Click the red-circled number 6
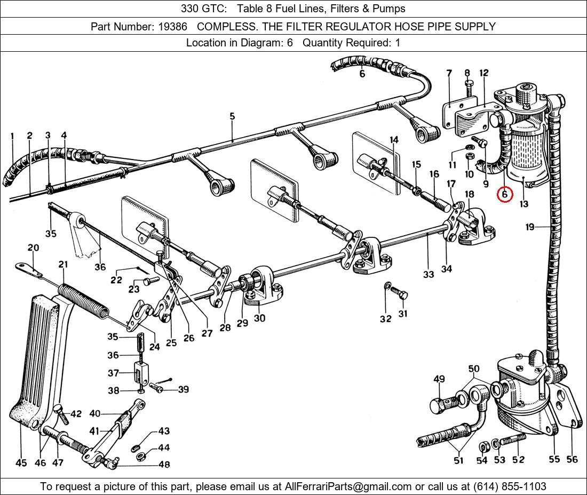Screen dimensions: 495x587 pos(505,195)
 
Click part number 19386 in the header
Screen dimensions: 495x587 pos(173,26)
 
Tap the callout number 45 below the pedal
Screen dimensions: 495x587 pos(21,463)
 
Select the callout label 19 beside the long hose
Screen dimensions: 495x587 pos(529,227)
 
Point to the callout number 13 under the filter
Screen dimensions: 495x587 pos(524,204)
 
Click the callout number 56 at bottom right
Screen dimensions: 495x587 pos(572,459)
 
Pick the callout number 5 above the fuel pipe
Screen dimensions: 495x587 pos(232,116)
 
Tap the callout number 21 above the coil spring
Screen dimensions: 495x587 pos(64,265)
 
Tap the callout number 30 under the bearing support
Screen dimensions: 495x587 pos(259,318)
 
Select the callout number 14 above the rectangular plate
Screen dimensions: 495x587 pos(394,140)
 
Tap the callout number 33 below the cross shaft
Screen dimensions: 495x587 pos(429,275)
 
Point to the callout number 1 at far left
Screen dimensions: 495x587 pos(12,136)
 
